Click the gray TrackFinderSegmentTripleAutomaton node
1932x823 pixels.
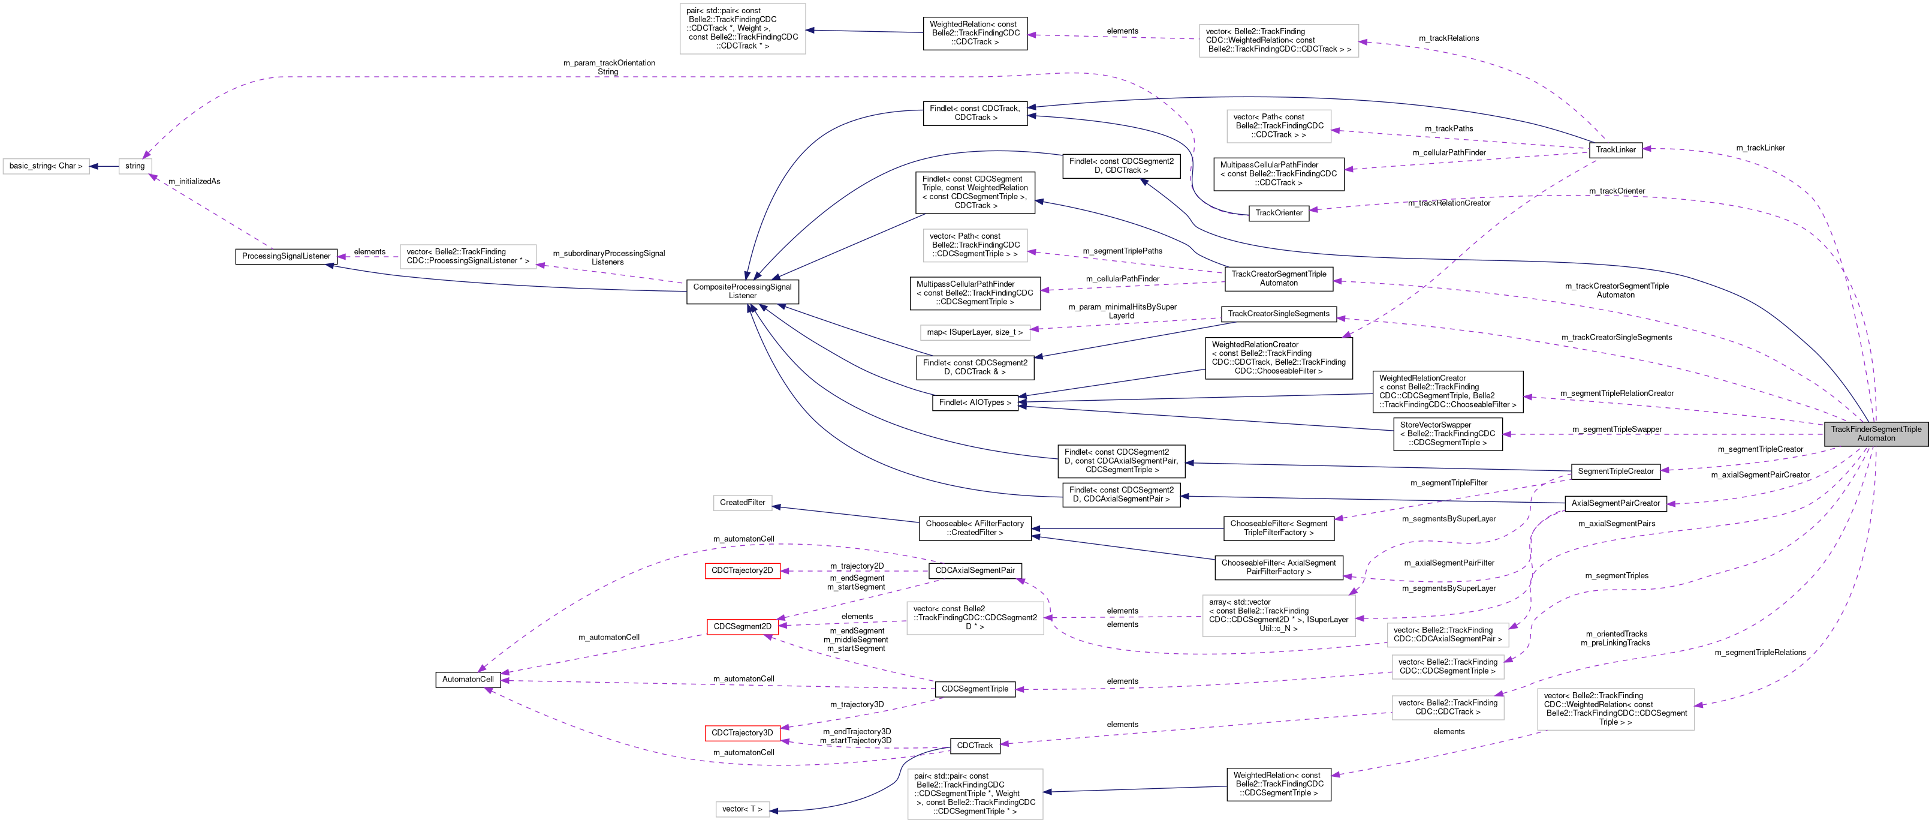(1876, 434)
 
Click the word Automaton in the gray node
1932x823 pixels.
(1876, 438)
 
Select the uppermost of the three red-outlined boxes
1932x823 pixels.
(743, 571)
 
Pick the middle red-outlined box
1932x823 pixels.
(743, 627)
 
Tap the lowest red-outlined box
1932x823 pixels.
(743, 733)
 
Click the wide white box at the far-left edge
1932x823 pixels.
(46, 167)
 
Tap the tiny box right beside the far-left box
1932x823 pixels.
(135, 167)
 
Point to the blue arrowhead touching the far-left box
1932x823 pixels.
(95, 167)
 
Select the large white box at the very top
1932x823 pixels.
(743, 29)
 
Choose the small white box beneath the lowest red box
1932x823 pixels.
(743, 809)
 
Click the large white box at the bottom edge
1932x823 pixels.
(975, 794)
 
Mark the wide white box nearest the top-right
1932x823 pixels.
(1279, 41)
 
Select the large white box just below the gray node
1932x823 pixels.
(1615, 709)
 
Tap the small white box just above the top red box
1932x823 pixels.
(743, 503)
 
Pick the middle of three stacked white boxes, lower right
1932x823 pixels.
(1448, 667)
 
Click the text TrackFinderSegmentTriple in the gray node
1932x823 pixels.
(1876, 429)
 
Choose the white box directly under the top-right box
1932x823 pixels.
(1279, 126)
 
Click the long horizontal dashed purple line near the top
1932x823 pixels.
(600, 77)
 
